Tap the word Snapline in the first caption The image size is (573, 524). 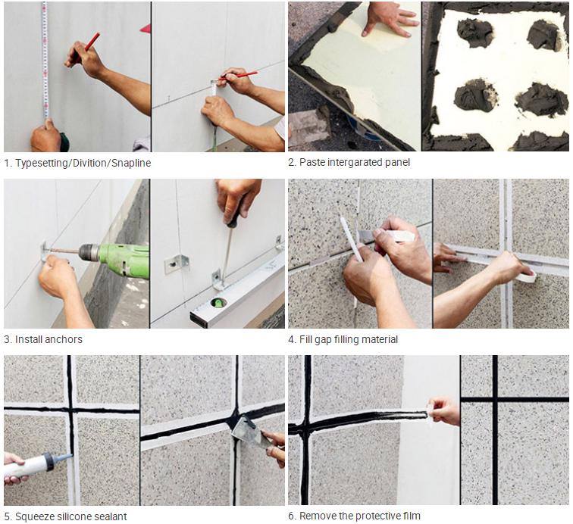(x=131, y=163)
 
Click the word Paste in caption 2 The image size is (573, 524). (x=311, y=162)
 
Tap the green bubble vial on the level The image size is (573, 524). (x=218, y=302)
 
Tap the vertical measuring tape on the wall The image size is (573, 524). (x=45, y=61)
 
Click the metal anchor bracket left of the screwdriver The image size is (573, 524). (x=177, y=264)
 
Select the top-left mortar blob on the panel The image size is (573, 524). (x=474, y=33)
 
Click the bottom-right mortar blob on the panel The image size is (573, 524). (x=537, y=99)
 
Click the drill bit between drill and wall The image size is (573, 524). (x=64, y=251)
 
